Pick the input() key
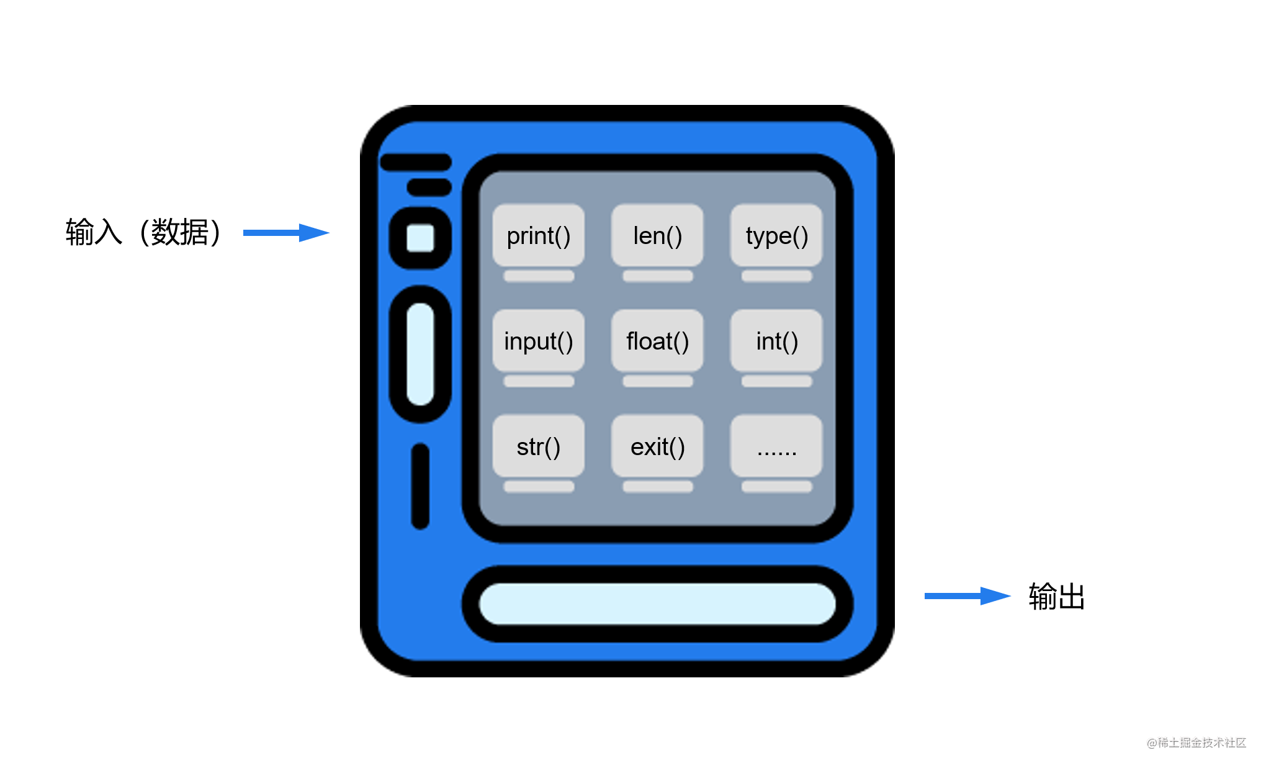538,341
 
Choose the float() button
657,341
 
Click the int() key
776,341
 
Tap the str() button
538,446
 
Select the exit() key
657,446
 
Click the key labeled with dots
776,446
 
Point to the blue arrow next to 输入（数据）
285,233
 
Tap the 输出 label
1056,597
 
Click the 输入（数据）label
143,232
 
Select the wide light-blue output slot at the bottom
657,603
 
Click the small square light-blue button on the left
420,238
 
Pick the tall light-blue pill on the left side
420,354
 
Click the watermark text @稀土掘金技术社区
1196,743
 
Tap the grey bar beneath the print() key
539,276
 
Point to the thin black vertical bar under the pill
420,486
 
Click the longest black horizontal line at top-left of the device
416,163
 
